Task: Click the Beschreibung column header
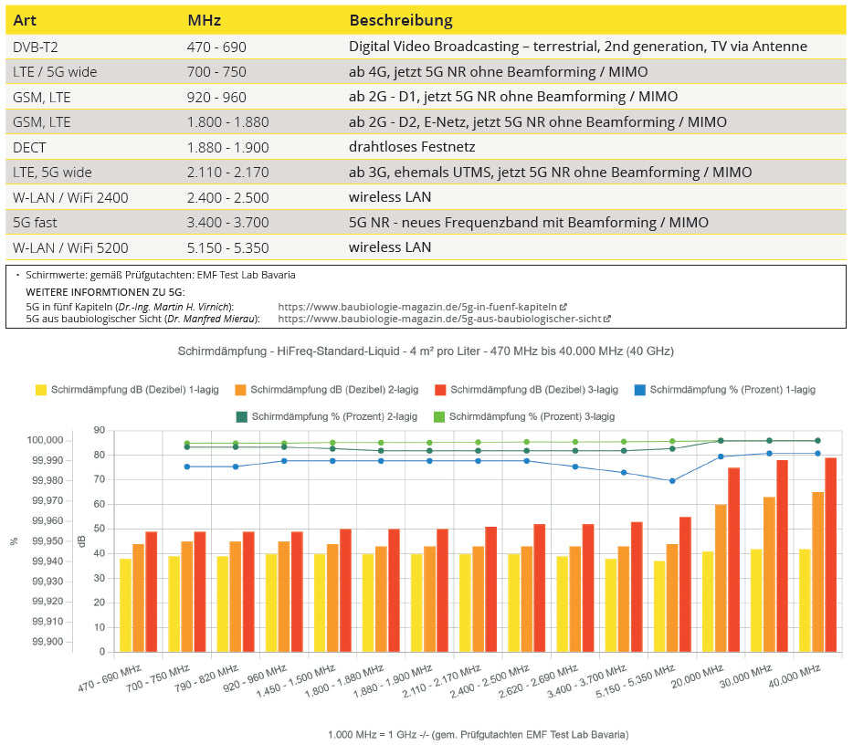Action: (x=400, y=20)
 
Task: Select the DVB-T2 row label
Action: (x=37, y=47)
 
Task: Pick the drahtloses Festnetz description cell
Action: (x=412, y=147)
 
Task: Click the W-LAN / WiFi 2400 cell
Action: (x=70, y=197)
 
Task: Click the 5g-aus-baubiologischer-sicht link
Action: (x=444, y=319)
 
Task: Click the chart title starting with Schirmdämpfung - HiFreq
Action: (x=426, y=351)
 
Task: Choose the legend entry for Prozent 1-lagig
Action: (x=723, y=390)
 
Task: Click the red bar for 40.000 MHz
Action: (x=830, y=555)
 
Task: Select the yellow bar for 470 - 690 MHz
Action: (x=125, y=604)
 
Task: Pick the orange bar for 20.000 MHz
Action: (x=721, y=578)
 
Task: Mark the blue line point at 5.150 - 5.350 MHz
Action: (x=672, y=481)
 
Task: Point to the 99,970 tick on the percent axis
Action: (x=46, y=500)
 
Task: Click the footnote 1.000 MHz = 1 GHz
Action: (x=478, y=734)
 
